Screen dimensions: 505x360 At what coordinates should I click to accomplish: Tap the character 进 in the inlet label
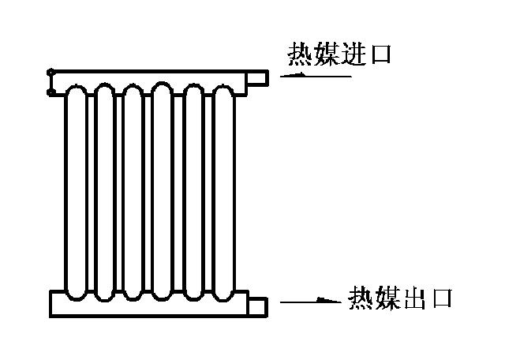click(x=353, y=54)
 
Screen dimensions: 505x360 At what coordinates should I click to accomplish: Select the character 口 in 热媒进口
click(x=381, y=54)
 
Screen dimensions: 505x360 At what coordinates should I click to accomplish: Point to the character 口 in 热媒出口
click(x=443, y=299)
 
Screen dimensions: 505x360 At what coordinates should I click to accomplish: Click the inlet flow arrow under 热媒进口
click(x=316, y=76)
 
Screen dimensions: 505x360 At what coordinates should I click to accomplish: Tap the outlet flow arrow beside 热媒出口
click(x=310, y=301)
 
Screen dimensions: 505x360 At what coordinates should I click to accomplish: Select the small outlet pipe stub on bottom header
click(x=258, y=306)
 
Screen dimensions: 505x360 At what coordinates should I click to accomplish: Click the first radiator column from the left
click(x=77, y=193)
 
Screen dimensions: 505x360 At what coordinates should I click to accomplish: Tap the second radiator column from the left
click(x=105, y=192)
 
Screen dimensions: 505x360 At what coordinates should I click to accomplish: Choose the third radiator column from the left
click(x=133, y=193)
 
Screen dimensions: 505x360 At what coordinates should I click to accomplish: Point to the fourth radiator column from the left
click(x=162, y=192)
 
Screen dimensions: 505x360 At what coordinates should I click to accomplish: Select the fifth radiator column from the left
click(x=193, y=193)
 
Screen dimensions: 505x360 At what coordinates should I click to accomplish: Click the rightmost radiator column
click(x=224, y=193)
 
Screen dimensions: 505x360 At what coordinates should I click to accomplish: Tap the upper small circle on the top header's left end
click(x=50, y=72)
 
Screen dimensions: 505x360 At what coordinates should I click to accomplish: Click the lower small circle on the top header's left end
click(x=50, y=93)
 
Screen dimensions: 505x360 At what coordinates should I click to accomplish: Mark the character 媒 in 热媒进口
click(x=326, y=54)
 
